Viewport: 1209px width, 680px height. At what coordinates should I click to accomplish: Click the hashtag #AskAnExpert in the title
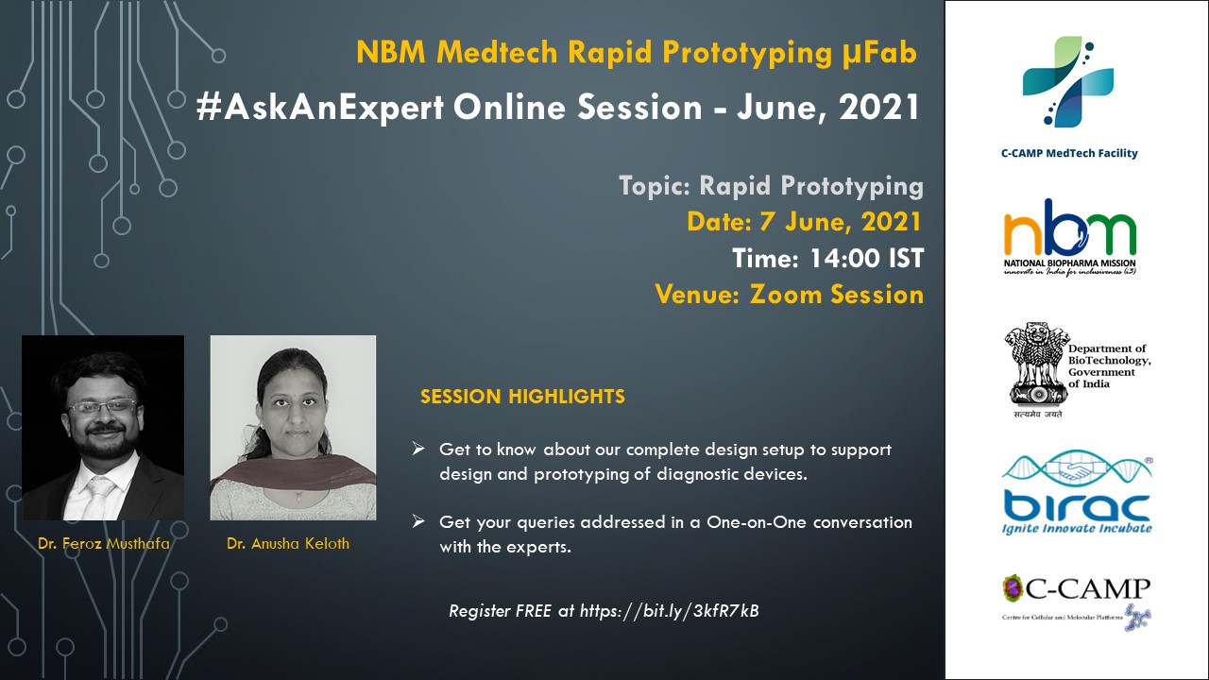[320, 107]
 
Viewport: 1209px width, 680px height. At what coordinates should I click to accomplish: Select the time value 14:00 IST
[867, 258]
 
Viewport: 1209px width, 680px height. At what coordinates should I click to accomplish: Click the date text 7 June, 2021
[841, 222]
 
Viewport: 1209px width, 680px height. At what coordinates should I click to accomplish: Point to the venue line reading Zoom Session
[837, 294]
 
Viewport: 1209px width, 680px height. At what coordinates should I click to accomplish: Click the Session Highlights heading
[522, 397]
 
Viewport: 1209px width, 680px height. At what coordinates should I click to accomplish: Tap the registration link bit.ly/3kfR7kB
[701, 610]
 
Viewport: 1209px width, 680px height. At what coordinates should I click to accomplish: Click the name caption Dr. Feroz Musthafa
[104, 543]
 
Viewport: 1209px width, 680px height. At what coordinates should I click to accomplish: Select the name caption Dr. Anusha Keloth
[288, 543]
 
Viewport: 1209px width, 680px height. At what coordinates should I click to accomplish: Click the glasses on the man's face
[103, 406]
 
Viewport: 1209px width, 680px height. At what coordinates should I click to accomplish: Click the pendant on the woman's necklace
[298, 496]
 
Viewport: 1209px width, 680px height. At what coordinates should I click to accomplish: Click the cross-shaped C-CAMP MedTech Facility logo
[1068, 81]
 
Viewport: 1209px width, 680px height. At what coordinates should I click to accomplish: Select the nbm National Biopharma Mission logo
[1070, 236]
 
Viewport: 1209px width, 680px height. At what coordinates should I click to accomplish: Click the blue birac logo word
[1077, 505]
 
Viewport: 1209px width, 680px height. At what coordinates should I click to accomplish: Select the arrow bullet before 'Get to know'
[418, 449]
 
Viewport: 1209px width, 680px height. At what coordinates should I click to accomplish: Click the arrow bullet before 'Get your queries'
[418, 521]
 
